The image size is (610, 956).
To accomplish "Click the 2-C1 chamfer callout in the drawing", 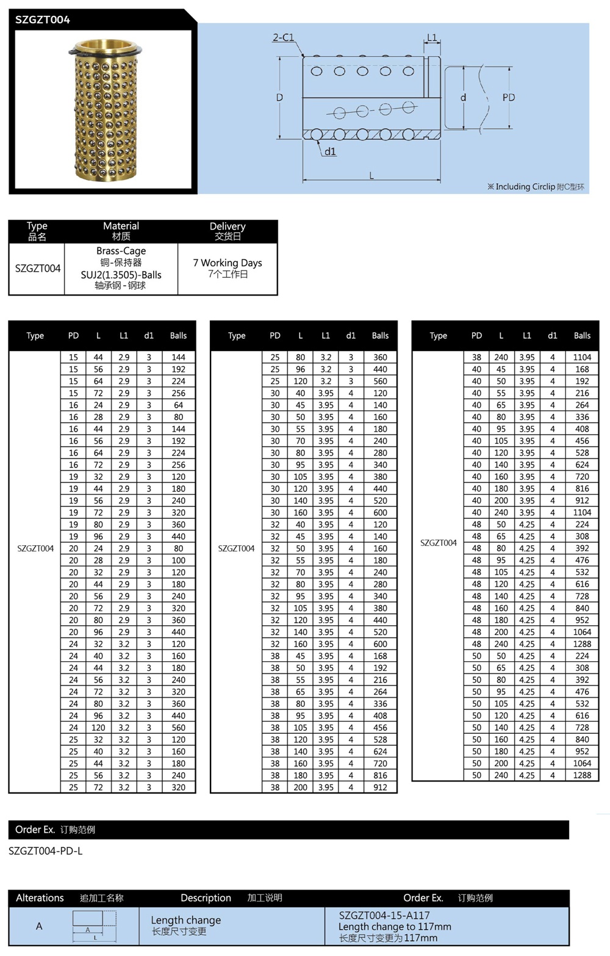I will [283, 38].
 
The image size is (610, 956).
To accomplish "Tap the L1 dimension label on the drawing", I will [432, 38].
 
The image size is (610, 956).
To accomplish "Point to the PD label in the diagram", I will [509, 98].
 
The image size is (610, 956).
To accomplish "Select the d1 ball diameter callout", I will [330, 151].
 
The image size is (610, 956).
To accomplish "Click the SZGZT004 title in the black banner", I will [43, 20].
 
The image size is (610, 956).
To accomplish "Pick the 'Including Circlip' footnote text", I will [536, 187].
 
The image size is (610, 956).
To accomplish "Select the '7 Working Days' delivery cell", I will [228, 263].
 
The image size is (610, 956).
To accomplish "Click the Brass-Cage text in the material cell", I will [121, 251].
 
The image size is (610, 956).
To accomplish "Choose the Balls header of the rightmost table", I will [582, 336].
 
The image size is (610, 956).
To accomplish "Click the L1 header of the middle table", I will [326, 336].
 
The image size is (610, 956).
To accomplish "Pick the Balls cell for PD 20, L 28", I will [178, 560].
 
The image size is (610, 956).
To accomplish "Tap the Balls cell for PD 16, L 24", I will [178, 405].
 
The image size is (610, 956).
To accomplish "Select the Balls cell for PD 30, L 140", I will [380, 501].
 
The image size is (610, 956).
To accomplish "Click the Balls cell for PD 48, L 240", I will [582, 644].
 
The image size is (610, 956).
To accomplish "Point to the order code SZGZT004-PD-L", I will [46, 851].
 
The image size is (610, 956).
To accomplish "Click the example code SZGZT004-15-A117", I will [384, 916].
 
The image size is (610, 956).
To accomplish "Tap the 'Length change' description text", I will [186, 920].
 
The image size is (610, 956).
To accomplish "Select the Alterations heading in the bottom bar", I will [40, 898].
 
